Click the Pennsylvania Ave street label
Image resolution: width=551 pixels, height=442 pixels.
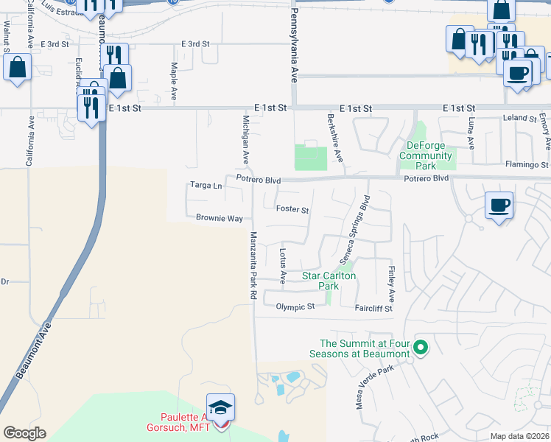(x=293, y=46)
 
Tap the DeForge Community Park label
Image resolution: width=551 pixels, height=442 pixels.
(x=428, y=150)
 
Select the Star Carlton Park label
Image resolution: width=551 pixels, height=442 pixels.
(x=329, y=281)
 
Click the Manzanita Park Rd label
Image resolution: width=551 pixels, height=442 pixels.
(x=253, y=265)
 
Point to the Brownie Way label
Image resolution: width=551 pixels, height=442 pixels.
(x=220, y=218)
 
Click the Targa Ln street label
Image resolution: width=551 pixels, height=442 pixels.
(x=206, y=186)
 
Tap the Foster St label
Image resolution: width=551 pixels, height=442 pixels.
(x=292, y=209)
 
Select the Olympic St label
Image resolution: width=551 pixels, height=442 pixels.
(x=295, y=306)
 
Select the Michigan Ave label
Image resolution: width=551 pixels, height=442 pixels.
(x=246, y=139)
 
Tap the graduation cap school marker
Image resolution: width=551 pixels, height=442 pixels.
(x=220, y=407)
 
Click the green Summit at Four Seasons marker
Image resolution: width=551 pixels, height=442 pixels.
(x=421, y=346)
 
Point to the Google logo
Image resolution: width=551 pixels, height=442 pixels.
(x=24, y=433)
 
